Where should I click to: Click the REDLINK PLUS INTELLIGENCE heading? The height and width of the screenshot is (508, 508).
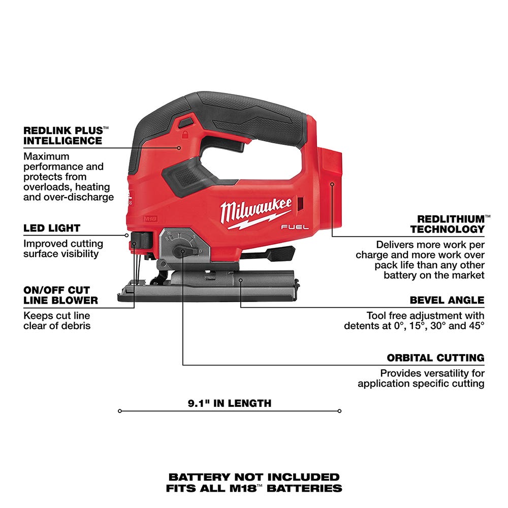click(x=62, y=135)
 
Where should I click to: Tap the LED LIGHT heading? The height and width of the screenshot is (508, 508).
click(x=52, y=228)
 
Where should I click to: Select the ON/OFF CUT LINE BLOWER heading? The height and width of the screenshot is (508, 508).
click(x=60, y=295)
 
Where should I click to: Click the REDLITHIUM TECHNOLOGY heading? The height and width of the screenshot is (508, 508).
click(x=447, y=224)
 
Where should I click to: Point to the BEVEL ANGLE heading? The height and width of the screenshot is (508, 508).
click(x=447, y=300)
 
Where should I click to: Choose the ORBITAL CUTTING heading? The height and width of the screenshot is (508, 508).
click(x=435, y=358)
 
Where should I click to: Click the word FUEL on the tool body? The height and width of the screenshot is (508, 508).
click(x=295, y=228)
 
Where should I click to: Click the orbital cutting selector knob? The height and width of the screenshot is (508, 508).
click(x=180, y=251)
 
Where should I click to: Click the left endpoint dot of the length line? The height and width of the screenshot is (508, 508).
click(x=119, y=411)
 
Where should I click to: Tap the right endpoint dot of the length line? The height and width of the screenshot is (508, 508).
click(x=339, y=411)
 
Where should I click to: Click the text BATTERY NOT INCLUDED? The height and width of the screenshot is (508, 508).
click(x=253, y=477)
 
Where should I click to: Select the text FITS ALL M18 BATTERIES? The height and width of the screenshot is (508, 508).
click(x=253, y=488)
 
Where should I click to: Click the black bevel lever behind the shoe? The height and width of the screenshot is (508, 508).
click(x=277, y=252)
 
